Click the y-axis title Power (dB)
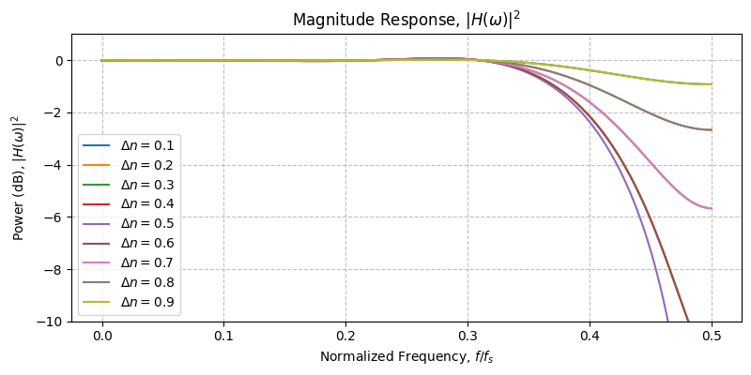click(x=17, y=177)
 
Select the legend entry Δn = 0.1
click(x=148, y=146)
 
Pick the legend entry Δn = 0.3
click(x=148, y=185)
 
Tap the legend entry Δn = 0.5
click(x=148, y=224)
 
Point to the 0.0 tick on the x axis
click(x=102, y=335)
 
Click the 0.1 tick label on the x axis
click(x=223, y=335)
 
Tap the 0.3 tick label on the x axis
click(x=467, y=335)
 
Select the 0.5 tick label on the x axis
click(x=712, y=335)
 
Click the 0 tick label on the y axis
click(x=60, y=61)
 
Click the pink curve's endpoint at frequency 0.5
click(x=711, y=208)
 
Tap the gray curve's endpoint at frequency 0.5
click(x=711, y=129)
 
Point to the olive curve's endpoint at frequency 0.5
click(x=711, y=84)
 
